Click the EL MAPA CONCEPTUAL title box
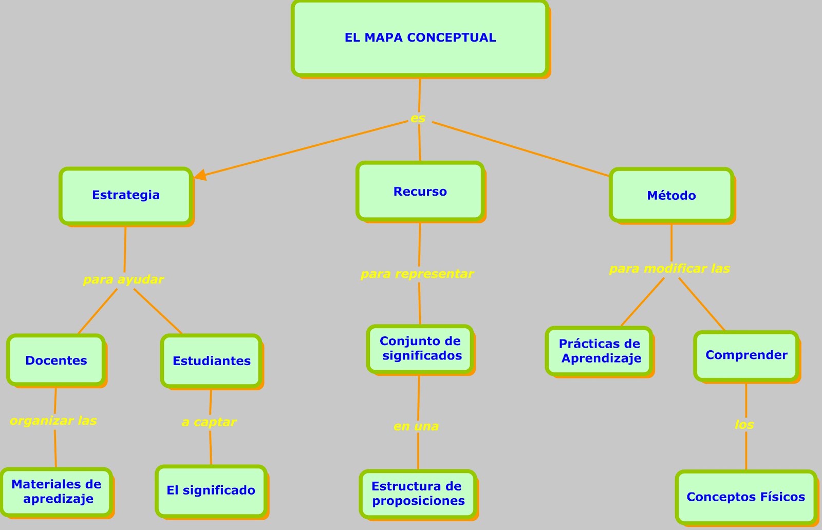[x=420, y=39]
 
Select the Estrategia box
[x=126, y=195]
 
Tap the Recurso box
[x=420, y=192]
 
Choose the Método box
[x=671, y=196]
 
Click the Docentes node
[x=56, y=361]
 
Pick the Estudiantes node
[x=211, y=361]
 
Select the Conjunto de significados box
[x=420, y=349]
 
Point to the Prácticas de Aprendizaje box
[x=599, y=351]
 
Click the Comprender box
[x=746, y=355]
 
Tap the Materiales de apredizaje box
[x=57, y=491]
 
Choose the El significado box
[x=211, y=490]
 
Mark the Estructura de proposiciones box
[x=418, y=494]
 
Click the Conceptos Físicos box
[x=746, y=497]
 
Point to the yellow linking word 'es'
[x=418, y=119]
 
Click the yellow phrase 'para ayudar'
[x=123, y=280]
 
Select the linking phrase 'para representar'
[x=417, y=274]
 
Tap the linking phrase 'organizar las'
[x=53, y=421]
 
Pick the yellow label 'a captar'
[x=209, y=422]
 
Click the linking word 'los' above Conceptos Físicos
[x=744, y=425]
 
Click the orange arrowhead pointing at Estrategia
[x=200, y=175]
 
